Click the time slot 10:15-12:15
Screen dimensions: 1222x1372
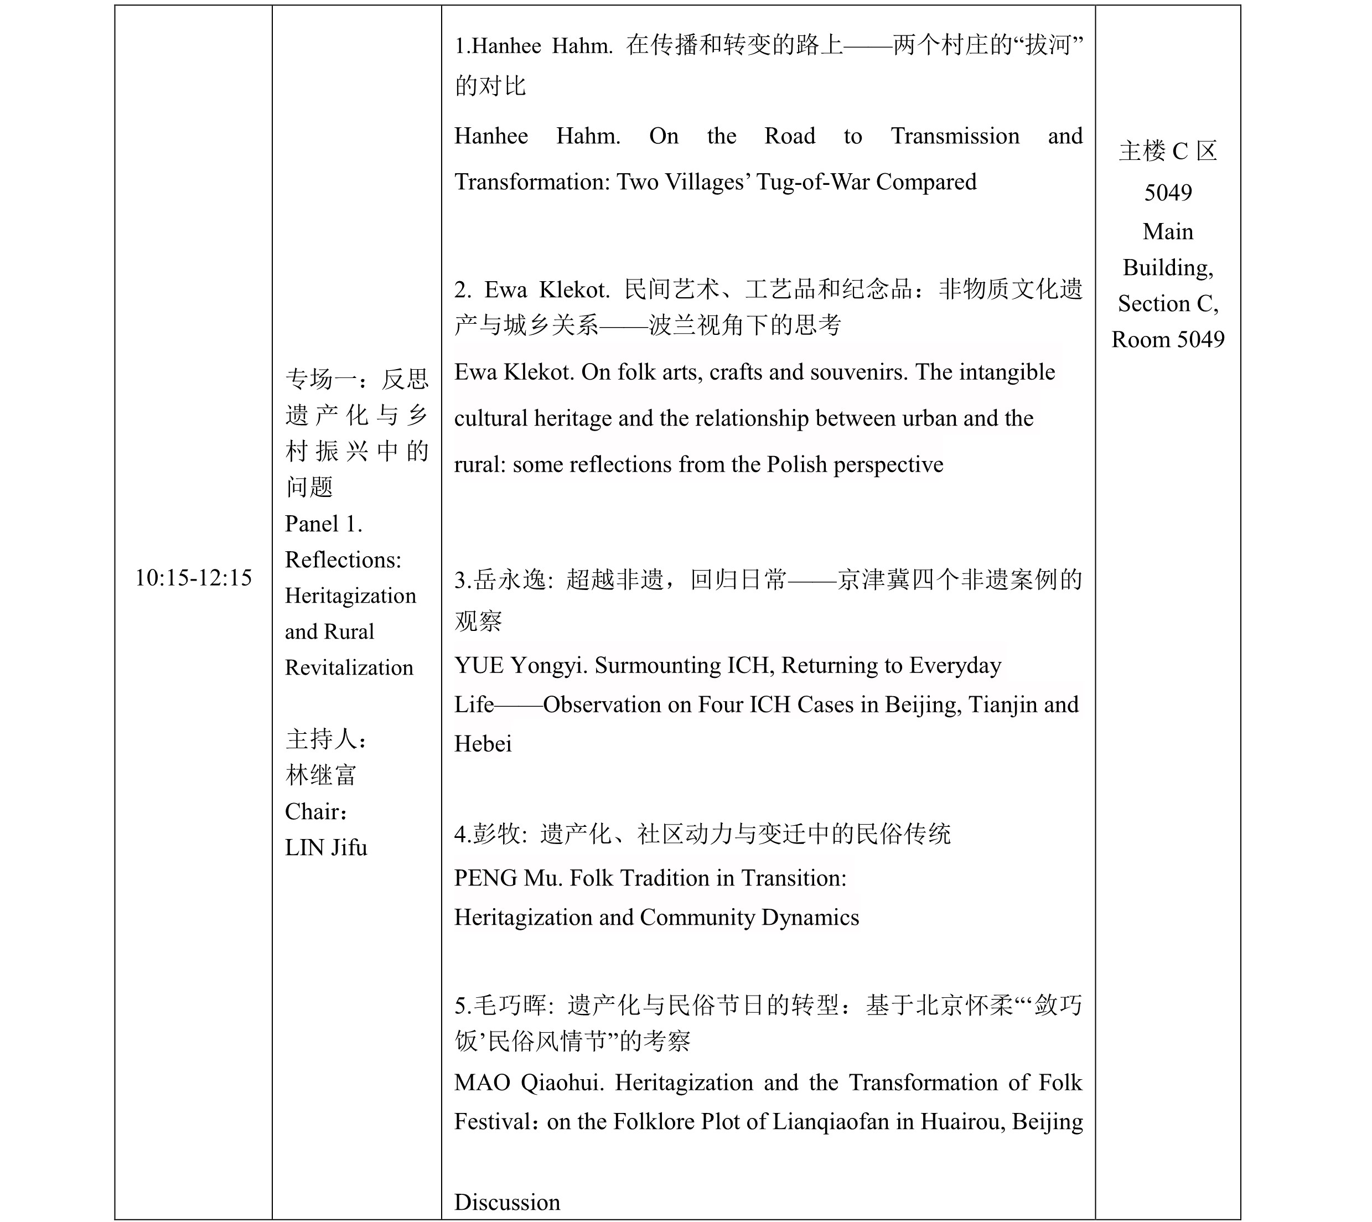point(193,577)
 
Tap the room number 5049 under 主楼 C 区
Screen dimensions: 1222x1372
point(1168,193)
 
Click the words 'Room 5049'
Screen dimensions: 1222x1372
point(1168,339)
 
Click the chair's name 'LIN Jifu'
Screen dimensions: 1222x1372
point(326,847)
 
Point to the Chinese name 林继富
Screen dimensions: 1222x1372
point(320,775)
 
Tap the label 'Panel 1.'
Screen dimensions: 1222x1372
point(324,524)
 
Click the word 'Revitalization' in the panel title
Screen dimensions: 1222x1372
point(349,667)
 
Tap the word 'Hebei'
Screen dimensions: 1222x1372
point(483,744)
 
